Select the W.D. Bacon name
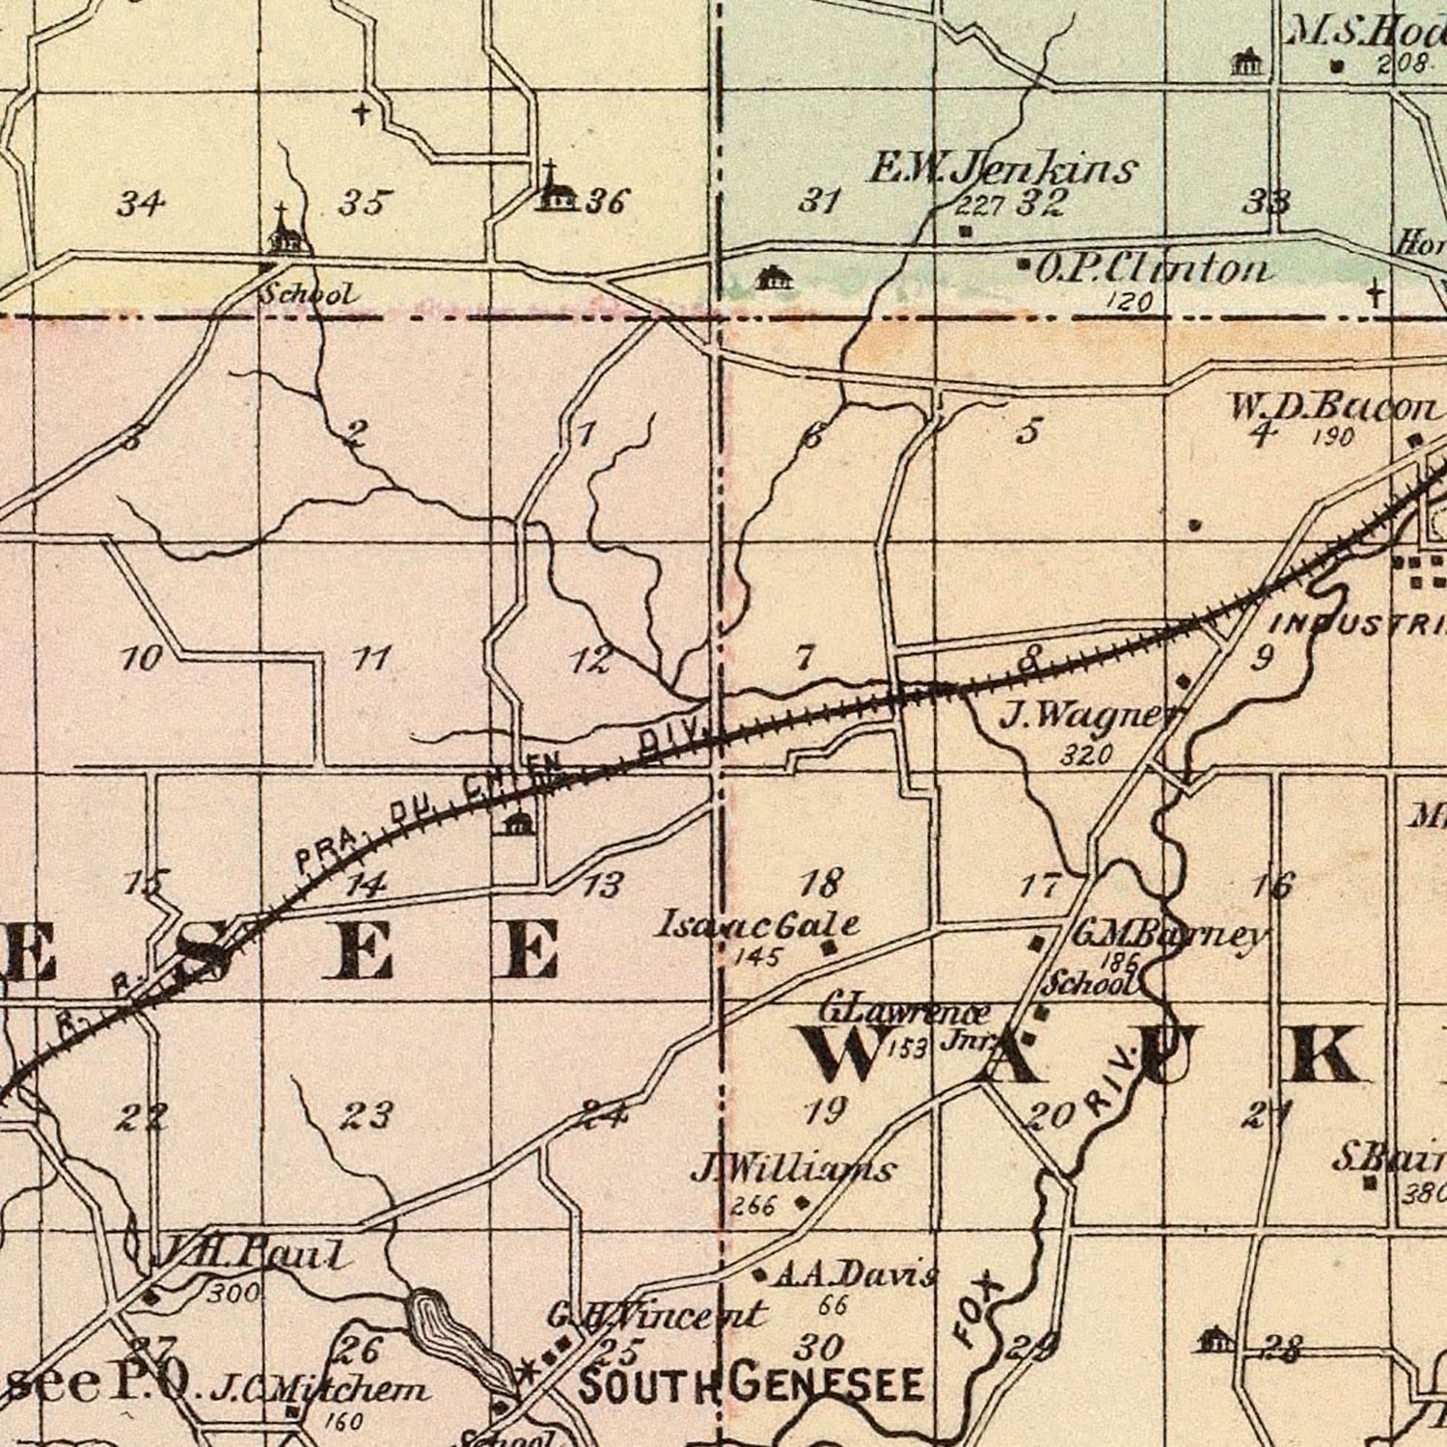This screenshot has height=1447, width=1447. tap(1330, 407)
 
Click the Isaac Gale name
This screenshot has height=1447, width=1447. tap(756, 925)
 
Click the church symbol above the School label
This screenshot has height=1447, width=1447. tap(284, 230)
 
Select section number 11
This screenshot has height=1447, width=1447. tap(370, 659)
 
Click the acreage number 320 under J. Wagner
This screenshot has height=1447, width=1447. tap(1086, 754)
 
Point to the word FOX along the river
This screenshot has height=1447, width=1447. tap(976, 1310)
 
